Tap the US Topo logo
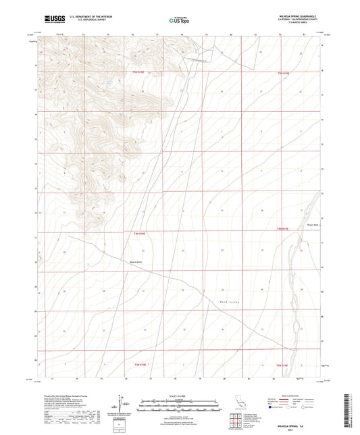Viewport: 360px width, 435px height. (x=179, y=20)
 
